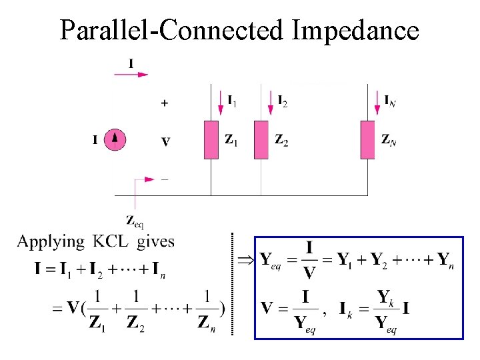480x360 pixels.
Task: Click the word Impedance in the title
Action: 356,30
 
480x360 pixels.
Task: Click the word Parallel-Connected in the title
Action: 172,30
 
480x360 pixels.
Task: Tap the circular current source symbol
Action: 116,140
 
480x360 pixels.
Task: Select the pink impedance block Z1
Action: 211,140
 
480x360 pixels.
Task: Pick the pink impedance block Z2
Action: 261,140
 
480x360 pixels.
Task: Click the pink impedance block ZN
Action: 368,140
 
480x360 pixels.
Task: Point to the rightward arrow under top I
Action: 131,75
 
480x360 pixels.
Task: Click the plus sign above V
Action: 165,103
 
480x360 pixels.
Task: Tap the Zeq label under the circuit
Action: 135,220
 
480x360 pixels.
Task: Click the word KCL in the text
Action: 113,241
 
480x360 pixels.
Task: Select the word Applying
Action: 51,242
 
